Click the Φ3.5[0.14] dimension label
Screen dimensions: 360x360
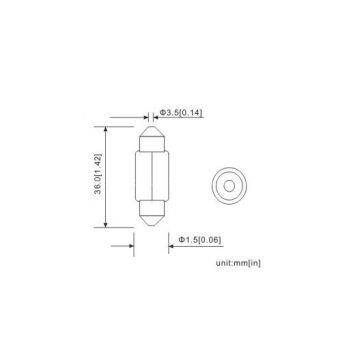click(x=181, y=113)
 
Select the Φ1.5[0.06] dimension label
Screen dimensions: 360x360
click(x=200, y=240)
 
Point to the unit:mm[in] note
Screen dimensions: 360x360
click(x=238, y=263)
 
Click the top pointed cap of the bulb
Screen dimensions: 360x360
click(x=152, y=132)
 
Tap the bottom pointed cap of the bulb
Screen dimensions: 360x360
click(x=152, y=220)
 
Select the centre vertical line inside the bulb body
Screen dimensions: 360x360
click(x=152, y=176)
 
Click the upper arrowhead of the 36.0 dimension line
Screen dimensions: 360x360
click(x=106, y=130)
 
